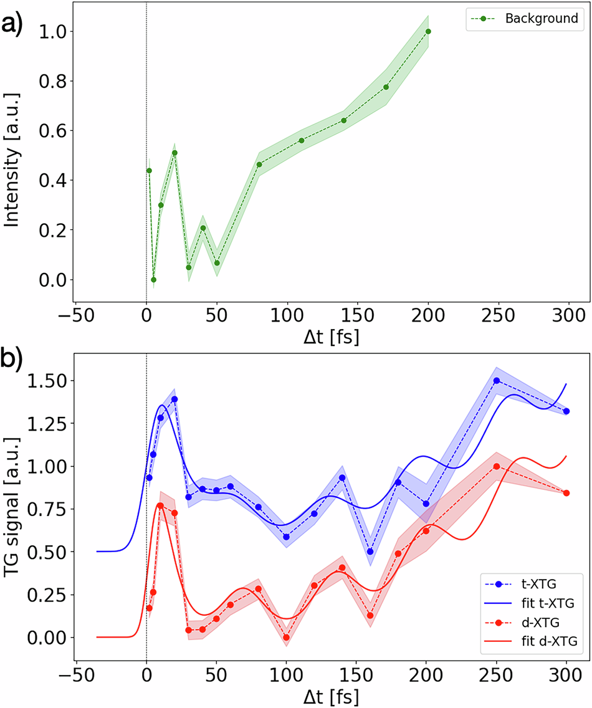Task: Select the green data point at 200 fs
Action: pyautogui.click(x=428, y=31)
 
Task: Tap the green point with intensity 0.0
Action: pyautogui.click(x=153, y=280)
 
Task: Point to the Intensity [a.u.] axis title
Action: pyautogui.click(x=12, y=156)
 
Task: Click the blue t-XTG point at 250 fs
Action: pyautogui.click(x=497, y=380)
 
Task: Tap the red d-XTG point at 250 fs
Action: pyautogui.click(x=497, y=466)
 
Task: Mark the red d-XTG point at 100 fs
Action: pyautogui.click(x=286, y=637)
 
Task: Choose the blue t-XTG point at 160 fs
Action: pyautogui.click(x=370, y=552)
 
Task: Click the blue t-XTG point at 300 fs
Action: pyautogui.click(x=566, y=411)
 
